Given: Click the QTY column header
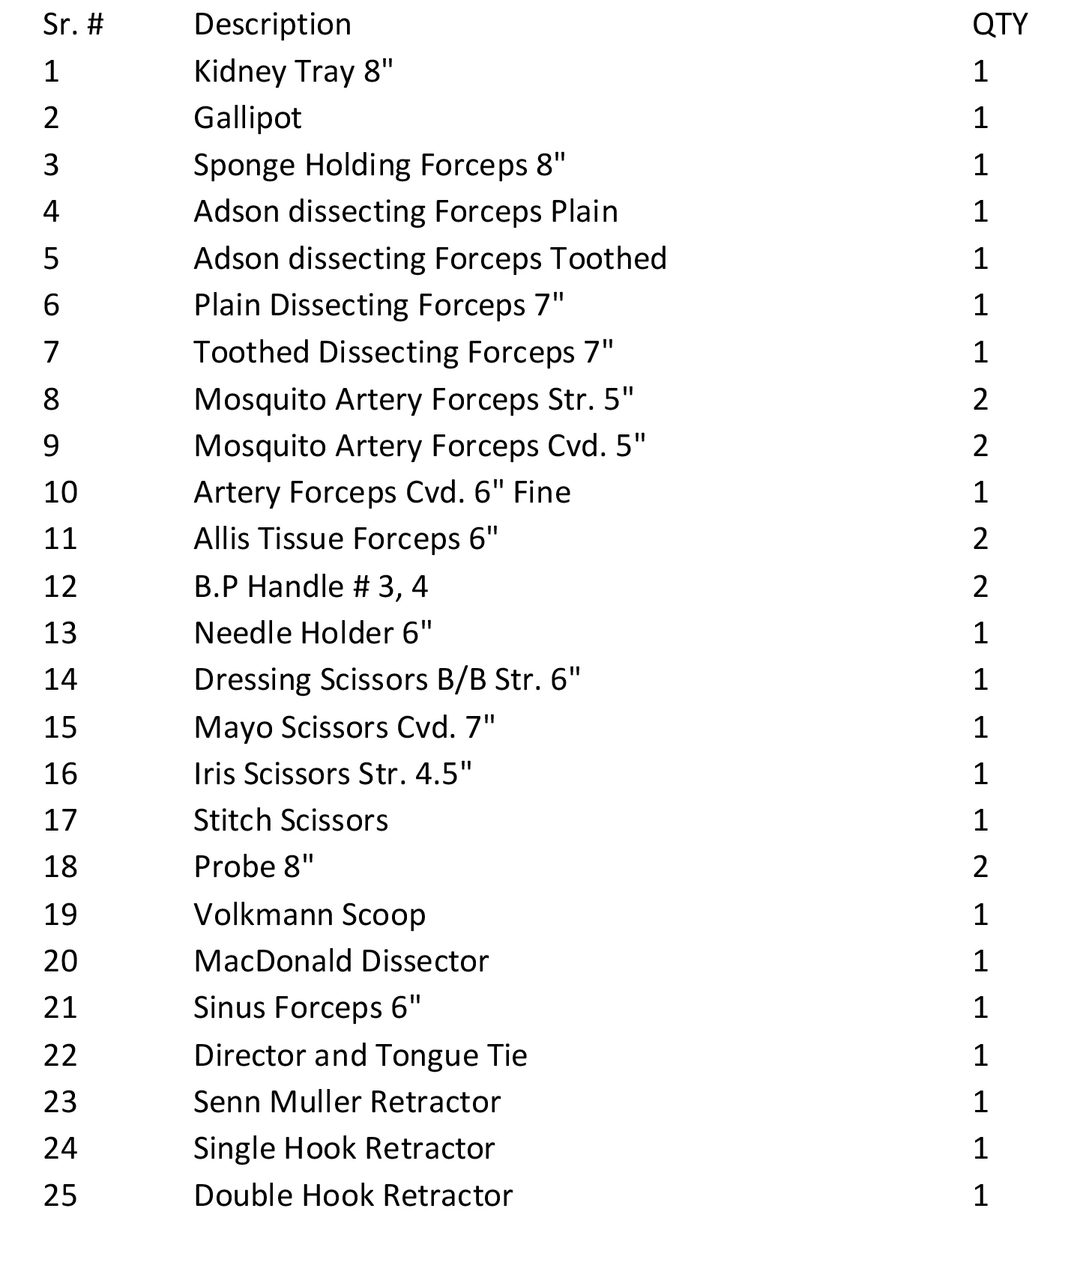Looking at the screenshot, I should point(999,25).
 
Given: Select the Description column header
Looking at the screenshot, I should point(272,25).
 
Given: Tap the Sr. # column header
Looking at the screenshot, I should point(73,25).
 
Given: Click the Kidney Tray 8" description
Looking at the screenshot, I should point(293,72).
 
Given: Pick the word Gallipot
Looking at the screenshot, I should point(247,118).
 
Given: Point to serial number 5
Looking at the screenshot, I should point(51,258).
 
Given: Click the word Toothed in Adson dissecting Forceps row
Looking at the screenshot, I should point(609,258).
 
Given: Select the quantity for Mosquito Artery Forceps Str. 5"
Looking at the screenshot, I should point(980,399).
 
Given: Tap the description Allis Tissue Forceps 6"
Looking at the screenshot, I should point(346,539).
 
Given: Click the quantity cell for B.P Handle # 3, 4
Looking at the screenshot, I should point(980,586).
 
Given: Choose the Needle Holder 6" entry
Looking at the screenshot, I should point(313,634).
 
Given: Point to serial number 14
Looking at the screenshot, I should point(60,680).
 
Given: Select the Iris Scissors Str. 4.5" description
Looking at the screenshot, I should point(333,774).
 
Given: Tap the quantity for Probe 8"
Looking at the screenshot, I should point(980,867).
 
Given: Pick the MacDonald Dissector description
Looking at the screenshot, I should point(341,961).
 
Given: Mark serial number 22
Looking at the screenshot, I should point(60,1055).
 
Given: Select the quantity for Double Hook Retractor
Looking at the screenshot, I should point(980,1195).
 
